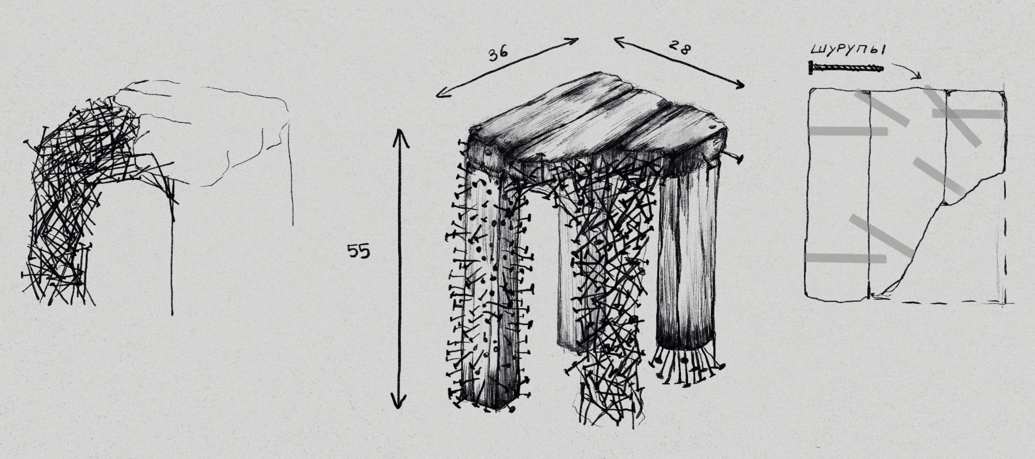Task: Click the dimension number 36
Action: [x=498, y=54]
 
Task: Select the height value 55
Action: [x=359, y=251]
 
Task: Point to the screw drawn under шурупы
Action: [x=846, y=68]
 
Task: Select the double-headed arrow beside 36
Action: [x=507, y=67]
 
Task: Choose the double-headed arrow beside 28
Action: [x=679, y=63]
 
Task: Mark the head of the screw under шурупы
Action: [x=811, y=68]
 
